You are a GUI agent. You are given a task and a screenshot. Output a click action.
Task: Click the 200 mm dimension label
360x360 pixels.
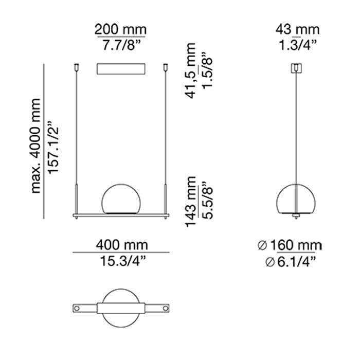click(120, 30)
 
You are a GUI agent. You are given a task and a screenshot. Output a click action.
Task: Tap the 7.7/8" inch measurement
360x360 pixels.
click(121, 45)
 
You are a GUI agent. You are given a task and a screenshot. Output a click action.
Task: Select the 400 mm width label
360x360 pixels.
click(122, 245)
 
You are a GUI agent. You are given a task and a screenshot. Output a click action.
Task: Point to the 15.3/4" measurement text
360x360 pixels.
click(123, 261)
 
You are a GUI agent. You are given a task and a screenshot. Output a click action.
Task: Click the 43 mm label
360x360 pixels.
click(297, 30)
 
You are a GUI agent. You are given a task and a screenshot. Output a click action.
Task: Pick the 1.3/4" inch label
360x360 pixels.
click(298, 45)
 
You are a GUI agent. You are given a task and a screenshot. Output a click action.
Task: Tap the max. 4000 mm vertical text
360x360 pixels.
click(36, 146)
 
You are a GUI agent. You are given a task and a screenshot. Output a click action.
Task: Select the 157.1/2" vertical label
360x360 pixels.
click(53, 147)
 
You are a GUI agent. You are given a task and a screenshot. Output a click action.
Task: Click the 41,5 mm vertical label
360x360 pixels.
click(191, 71)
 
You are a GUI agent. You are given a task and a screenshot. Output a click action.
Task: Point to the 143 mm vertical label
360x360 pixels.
click(191, 202)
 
